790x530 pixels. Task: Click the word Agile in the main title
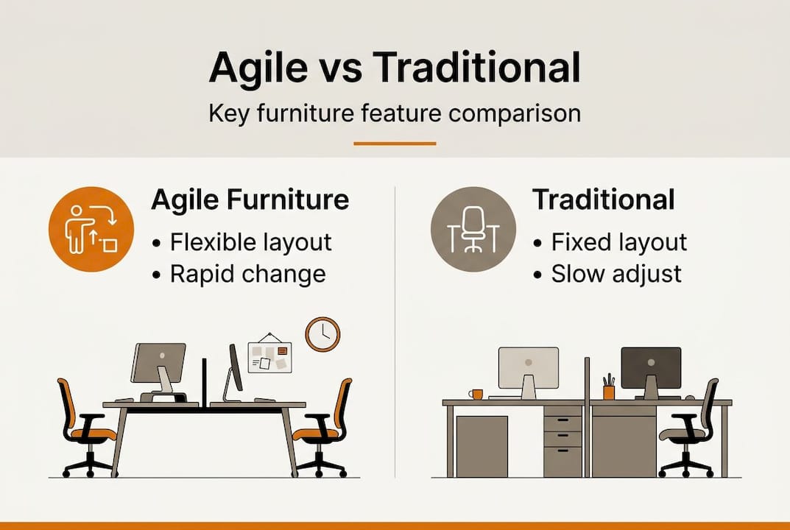(x=258, y=68)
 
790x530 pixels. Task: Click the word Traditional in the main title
(x=476, y=68)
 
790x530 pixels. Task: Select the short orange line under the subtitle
(x=395, y=143)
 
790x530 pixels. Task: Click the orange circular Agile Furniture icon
(x=91, y=228)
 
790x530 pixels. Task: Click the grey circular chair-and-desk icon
(x=473, y=229)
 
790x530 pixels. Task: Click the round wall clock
(x=322, y=334)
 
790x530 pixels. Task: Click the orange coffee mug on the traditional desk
(x=476, y=395)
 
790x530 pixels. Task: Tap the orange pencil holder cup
(x=608, y=392)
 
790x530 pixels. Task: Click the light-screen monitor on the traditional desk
(x=528, y=368)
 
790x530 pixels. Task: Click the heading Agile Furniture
(x=250, y=200)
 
